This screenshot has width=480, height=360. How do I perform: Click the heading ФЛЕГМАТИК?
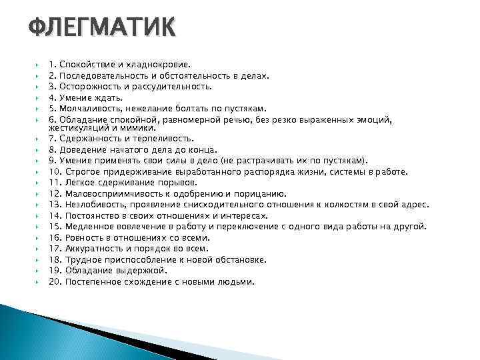103,29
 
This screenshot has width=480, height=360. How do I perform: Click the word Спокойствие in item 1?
84,65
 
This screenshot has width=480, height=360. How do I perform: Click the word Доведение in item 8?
81,150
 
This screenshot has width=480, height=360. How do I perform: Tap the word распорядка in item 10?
282,171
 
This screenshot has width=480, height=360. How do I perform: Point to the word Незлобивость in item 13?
92,205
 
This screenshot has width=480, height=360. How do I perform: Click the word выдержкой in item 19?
143,270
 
